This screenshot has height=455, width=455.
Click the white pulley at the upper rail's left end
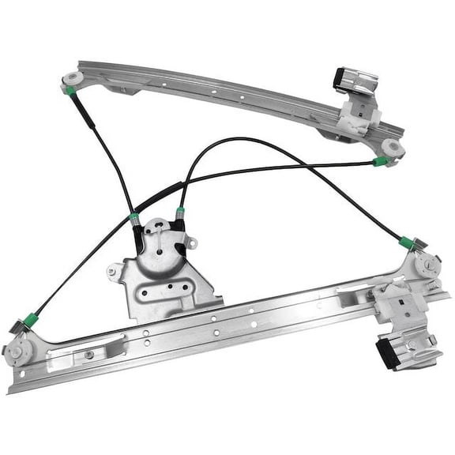73,80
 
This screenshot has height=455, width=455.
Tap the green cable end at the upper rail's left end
71,91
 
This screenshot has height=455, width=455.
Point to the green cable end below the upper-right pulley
380,163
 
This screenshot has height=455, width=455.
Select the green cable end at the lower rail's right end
407,242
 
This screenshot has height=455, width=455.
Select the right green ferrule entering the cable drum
181,212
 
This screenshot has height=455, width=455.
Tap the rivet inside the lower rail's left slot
88,354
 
